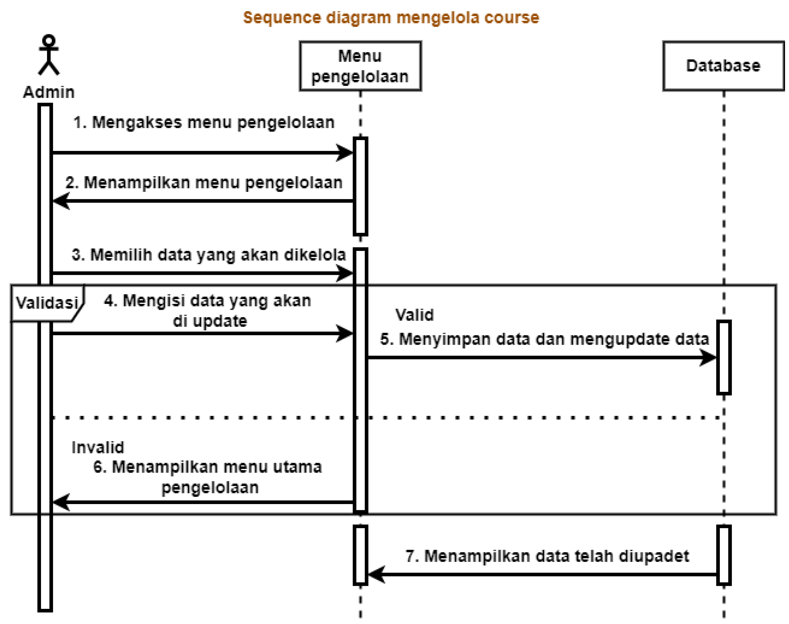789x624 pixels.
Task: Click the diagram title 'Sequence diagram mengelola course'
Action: point(391,17)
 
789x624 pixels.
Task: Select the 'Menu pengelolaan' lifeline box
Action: point(360,66)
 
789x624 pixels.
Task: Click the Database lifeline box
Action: point(723,66)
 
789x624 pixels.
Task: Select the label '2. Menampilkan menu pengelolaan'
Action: point(204,182)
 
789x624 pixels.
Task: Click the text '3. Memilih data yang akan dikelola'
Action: point(208,255)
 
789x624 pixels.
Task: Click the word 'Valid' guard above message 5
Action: point(414,315)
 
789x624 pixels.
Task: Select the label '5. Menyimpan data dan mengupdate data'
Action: point(544,339)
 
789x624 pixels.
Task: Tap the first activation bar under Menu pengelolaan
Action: point(360,186)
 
